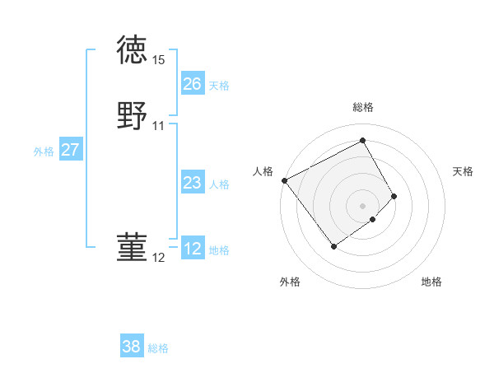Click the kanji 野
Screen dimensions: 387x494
click(x=133, y=115)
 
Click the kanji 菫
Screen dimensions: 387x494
click(x=133, y=247)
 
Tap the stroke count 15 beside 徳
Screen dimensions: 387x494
click(x=159, y=60)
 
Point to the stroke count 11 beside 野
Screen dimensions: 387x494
click(x=159, y=126)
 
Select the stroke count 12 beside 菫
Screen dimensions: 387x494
click(x=159, y=258)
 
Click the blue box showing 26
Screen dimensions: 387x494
click(x=192, y=84)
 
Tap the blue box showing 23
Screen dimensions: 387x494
click(x=192, y=183)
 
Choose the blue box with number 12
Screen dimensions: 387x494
click(x=192, y=249)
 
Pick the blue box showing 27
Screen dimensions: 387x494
click(x=70, y=150)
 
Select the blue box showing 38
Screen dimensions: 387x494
click(x=131, y=347)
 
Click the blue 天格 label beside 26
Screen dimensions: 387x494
click(x=219, y=85)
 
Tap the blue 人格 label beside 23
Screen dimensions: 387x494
click(x=219, y=184)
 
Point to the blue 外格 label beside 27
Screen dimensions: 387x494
click(x=44, y=152)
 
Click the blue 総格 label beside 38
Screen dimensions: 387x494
click(x=158, y=348)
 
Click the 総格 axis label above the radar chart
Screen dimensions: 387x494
click(x=363, y=107)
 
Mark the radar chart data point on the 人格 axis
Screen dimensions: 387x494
click(x=284, y=180)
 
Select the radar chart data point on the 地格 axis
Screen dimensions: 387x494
click(x=373, y=219)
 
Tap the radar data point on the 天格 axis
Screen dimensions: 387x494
click(x=394, y=196)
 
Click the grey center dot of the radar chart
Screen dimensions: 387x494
click(x=363, y=205)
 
